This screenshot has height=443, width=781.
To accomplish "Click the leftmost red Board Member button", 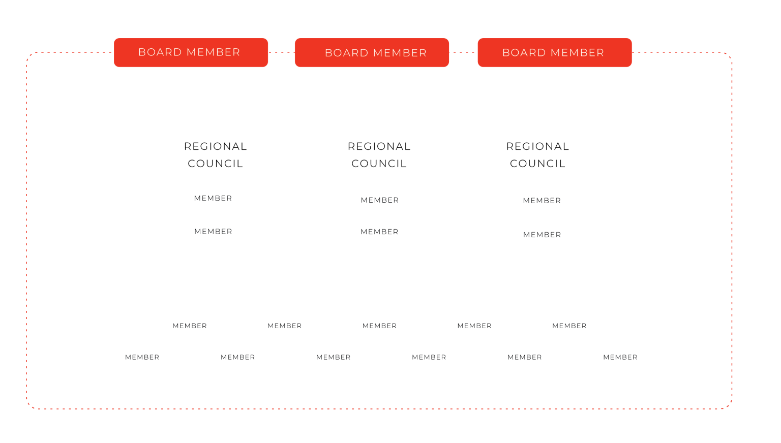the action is point(191,53).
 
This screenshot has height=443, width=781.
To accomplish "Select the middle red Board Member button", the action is point(372,53).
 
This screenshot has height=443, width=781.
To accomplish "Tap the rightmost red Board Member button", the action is point(554,53).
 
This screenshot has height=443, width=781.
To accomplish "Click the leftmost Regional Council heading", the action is point(216,155).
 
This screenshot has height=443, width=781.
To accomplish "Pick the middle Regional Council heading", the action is point(379,155).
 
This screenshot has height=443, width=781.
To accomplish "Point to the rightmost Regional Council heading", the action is point(537,155).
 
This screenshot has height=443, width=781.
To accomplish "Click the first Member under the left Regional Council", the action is point(213,198).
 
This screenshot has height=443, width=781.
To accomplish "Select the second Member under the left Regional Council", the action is point(213,232).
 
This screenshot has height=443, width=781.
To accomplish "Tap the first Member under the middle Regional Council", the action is point(380,200).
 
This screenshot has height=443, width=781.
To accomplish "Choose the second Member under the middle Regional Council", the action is point(379,232).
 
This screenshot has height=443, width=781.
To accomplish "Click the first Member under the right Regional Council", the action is point(542,201).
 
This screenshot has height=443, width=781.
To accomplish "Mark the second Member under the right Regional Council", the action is point(542,235).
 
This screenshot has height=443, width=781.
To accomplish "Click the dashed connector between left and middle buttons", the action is point(281,52).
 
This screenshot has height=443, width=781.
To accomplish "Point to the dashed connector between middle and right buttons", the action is point(463,52).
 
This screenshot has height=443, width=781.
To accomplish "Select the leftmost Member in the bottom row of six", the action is point(142,357).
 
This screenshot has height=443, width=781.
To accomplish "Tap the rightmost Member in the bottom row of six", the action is point(620,357).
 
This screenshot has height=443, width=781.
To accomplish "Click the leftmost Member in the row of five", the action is point(190,326).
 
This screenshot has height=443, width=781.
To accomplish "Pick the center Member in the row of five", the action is point(379,326).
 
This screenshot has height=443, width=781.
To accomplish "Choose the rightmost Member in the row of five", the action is point(569,326).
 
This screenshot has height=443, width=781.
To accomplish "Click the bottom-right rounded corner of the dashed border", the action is point(729,406).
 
